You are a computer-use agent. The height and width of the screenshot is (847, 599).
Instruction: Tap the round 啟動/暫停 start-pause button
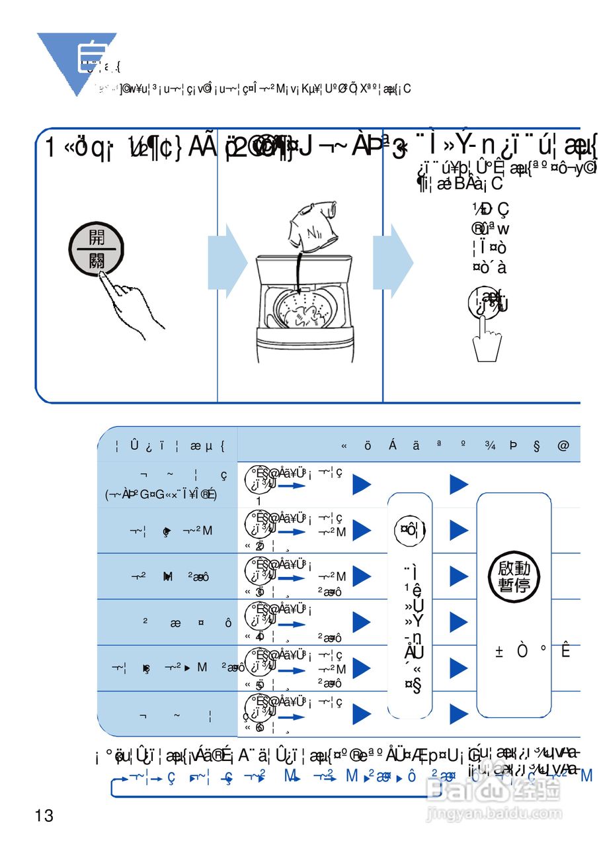[514, 576]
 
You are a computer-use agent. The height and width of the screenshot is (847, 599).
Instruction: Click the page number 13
[44, 815]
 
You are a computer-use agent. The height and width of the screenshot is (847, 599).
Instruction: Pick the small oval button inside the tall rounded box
[409, 529]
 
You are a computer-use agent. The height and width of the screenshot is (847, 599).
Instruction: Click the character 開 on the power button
[97, 238]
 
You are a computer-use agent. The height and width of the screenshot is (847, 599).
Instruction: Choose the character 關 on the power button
[97, 261]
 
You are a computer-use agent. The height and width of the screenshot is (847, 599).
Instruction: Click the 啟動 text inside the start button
[514, 567]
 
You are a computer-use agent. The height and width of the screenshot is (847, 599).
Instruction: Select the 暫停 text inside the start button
[514, 586]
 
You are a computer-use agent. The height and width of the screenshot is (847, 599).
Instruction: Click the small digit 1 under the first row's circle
[259, 501]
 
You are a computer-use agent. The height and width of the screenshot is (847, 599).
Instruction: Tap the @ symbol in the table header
[563, 446]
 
